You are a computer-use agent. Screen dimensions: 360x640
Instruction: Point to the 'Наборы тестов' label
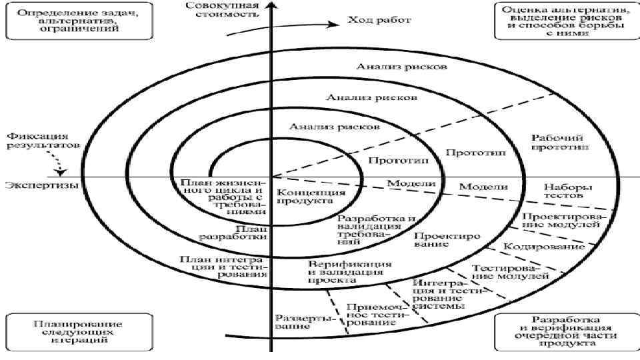(x=568, y=192)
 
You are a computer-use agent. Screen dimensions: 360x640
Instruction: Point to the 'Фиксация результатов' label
(x=41, y=139)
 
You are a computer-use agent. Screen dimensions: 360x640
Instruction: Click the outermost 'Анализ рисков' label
(x=401, y=67)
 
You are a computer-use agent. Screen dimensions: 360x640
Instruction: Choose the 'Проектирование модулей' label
(x=561, y=220)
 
